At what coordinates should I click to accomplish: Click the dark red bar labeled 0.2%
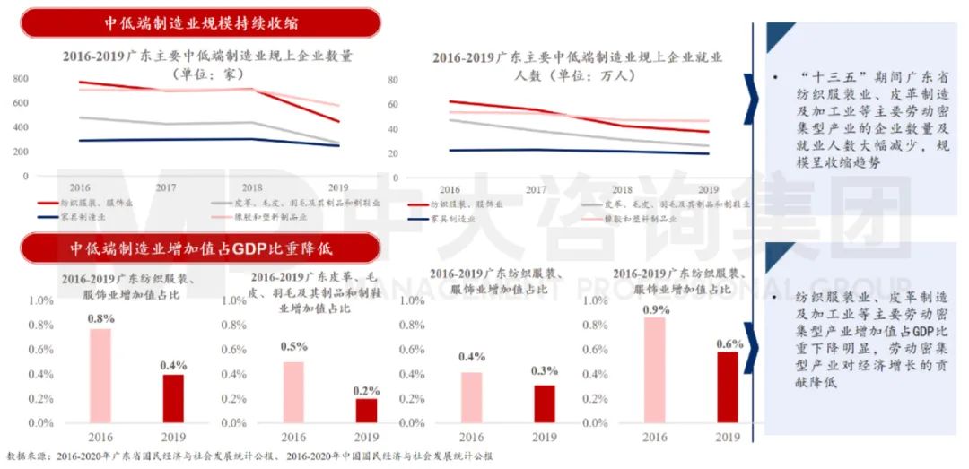click(365, 410)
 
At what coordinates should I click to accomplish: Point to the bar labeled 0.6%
click(728, 386)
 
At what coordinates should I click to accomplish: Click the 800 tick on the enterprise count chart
click(21, 79)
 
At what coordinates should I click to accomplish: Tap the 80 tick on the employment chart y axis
click(417, 80)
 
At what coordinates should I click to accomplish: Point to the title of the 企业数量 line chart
click(207, 65)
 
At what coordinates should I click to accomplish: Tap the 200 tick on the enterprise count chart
click(21, 151)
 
